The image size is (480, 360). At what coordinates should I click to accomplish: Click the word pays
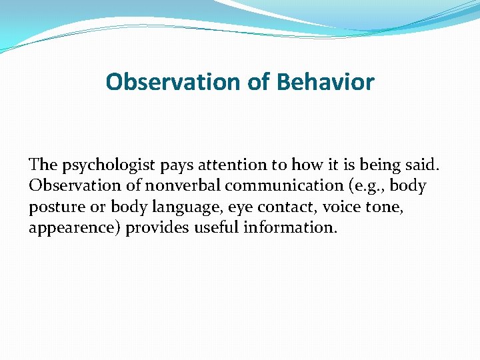click(x=175, y=165)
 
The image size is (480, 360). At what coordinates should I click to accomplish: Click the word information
click(x=291, y=229)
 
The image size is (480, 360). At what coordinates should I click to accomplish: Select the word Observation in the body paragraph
click(x=75, y=186)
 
